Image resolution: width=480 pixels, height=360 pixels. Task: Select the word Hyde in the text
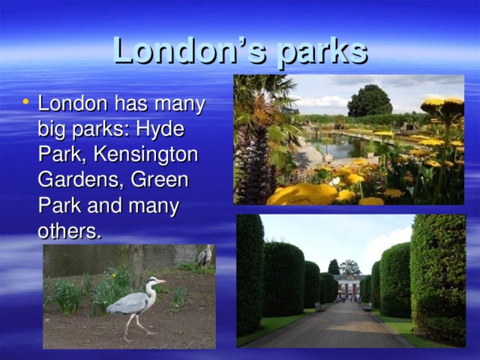[160, 130]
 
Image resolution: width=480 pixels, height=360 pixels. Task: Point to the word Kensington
[145, 154]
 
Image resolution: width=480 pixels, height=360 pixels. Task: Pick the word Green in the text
[160, 180]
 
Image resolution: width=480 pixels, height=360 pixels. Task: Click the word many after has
[180, 105]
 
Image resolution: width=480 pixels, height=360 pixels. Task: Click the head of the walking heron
[152, 280]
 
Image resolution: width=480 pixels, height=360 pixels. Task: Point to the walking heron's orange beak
[161, 280]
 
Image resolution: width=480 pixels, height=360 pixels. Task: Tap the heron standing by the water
[204, 256]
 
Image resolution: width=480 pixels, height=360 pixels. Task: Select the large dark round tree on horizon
[370, 100]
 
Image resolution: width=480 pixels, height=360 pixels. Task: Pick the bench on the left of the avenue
[320, 307]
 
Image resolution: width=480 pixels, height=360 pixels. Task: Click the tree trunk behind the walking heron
[136, 264]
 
